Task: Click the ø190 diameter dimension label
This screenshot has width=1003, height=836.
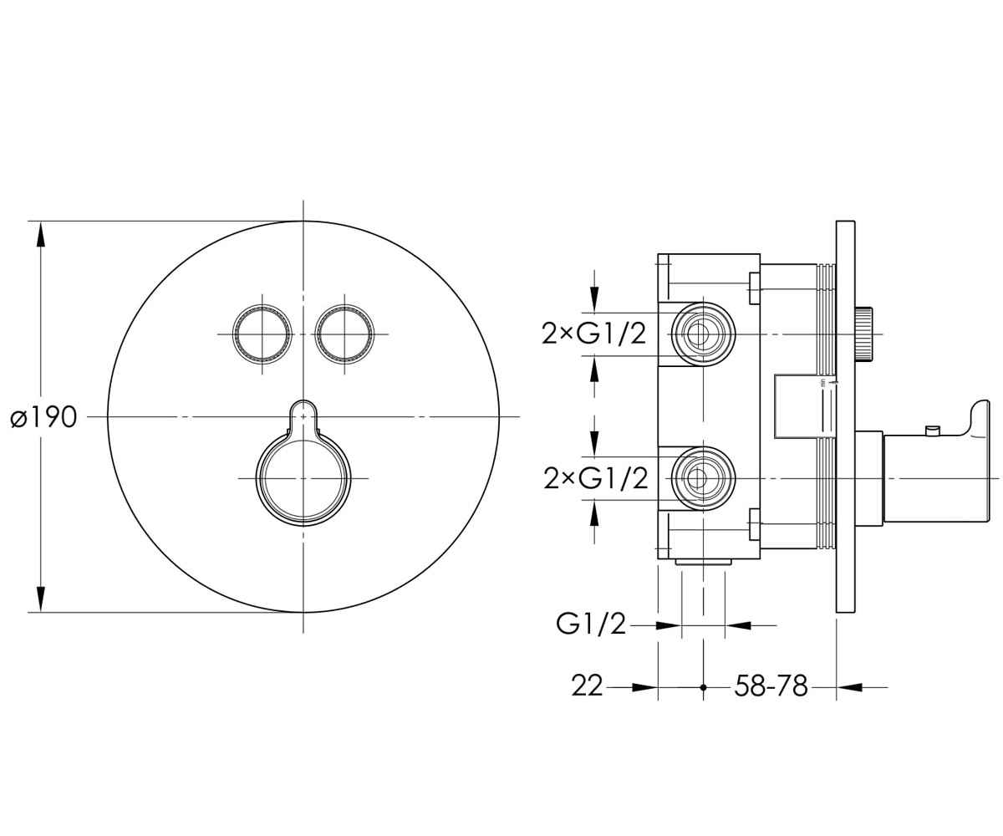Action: (43, 417)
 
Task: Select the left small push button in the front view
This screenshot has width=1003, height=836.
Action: (262, 334)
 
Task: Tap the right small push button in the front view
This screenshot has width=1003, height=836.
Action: (344, 334)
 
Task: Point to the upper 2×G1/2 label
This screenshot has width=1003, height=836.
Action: (593, 334)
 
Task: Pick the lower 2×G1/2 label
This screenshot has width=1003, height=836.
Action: (596, 478)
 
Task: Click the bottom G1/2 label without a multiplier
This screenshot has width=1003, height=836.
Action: (591, 624)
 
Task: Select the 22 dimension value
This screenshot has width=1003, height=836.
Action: (587, 686)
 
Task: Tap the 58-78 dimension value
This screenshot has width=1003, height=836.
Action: (771, 686)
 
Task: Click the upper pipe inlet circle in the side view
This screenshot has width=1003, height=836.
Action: (703, 334)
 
